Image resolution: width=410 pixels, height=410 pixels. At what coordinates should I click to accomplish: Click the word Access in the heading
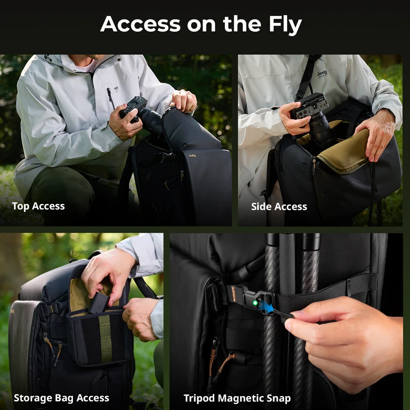click(140, 24)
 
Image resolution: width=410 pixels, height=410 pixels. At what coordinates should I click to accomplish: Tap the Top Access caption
click(38, 207)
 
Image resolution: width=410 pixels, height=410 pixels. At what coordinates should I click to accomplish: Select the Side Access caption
click(279, 207)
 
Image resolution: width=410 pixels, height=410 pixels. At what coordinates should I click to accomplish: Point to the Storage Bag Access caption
click(61, 398)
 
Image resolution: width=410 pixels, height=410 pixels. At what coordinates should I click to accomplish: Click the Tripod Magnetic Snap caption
click(237, 398)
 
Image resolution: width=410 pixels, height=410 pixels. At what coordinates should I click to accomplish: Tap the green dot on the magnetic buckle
click(255, 303)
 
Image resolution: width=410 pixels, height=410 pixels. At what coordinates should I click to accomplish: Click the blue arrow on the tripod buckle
click(266, 306)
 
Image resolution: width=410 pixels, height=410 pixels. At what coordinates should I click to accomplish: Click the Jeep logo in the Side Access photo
click(322, 73)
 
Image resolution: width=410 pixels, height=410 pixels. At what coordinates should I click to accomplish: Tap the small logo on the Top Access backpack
click(192, 156)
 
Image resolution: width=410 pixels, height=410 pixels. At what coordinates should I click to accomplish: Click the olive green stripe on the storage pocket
click(106, 338)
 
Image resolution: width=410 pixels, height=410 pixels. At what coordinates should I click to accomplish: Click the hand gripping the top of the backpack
click(184, 100)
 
